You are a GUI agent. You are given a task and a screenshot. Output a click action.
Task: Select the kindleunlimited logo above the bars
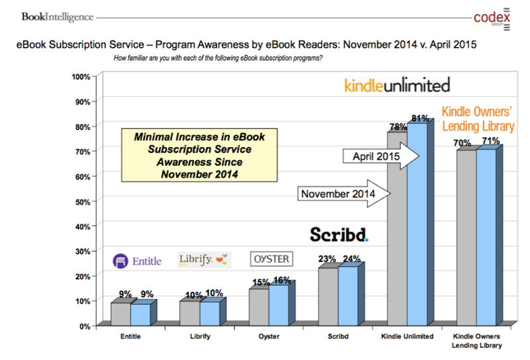pos(397,85)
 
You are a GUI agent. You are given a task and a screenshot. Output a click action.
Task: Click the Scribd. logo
pos(339,235)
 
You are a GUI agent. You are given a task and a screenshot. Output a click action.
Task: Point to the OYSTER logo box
pos(270,259)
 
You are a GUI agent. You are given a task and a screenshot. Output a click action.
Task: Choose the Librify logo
pos(204,260)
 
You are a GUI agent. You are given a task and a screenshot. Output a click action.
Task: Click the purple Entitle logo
pos(136,261)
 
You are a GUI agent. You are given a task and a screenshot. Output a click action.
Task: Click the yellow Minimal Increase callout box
pos(199,154)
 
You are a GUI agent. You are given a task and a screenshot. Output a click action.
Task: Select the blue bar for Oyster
pos(278,305)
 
